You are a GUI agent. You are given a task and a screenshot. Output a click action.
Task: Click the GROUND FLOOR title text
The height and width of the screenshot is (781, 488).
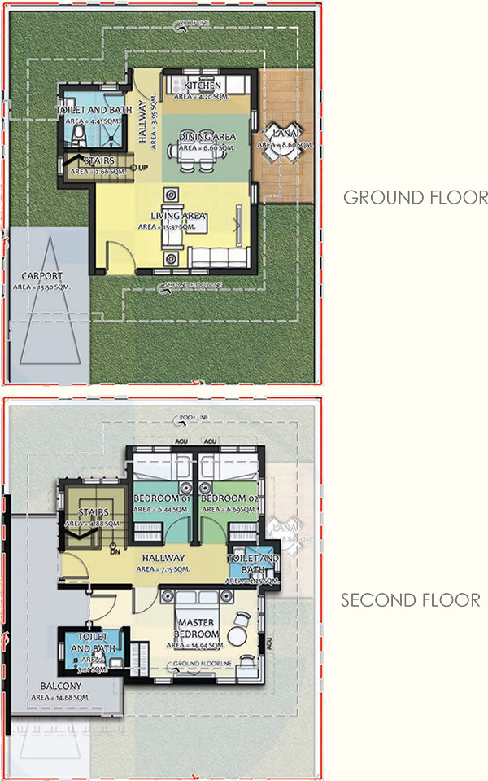click(x=415, y=197)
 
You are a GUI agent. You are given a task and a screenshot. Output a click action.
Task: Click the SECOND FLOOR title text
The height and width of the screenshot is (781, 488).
click(x=410, y=600)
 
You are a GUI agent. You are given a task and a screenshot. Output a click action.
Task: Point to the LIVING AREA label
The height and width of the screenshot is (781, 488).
click(x=177, y=216)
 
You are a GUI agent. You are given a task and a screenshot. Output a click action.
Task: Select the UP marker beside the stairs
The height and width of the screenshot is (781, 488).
click(x=143, y=168)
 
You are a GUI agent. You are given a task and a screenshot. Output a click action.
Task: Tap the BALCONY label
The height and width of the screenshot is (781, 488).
click(x=51, y=686)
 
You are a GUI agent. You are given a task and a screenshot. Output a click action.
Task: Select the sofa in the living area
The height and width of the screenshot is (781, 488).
click(x=219, y=258)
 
